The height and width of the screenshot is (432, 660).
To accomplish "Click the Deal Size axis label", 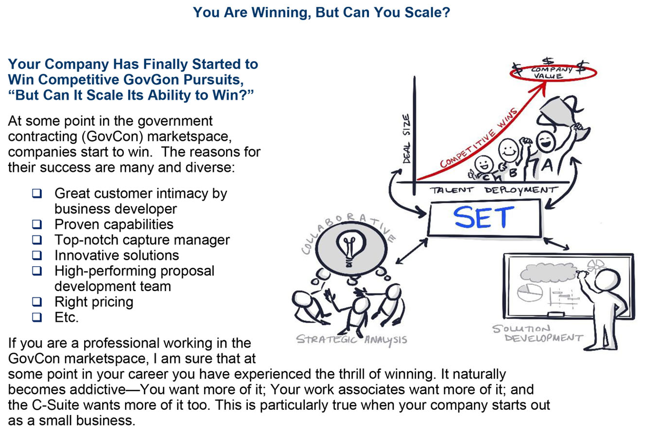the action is pos(407,138).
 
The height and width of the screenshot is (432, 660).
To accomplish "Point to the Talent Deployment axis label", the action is pos(494,190).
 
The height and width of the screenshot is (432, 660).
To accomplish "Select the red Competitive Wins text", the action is pos(479,138).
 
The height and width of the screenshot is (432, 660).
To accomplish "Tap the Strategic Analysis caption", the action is pos(351,340).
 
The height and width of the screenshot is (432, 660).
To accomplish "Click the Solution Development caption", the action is pos(538,333).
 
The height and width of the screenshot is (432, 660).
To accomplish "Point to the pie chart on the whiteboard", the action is pos(530,293).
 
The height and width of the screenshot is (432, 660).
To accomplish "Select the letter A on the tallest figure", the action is pos(547,165).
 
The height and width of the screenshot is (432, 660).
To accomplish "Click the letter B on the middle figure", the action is pos(513,173).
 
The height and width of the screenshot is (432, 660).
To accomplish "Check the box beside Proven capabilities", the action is pos(37,224).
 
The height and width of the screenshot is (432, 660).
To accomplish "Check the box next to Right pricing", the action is pos(37,302).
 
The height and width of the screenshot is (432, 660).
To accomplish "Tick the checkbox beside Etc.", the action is pos(37,317).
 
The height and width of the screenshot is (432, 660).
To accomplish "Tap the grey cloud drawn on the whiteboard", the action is pos(548,272).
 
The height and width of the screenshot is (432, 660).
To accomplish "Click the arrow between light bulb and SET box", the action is pos(412,251).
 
